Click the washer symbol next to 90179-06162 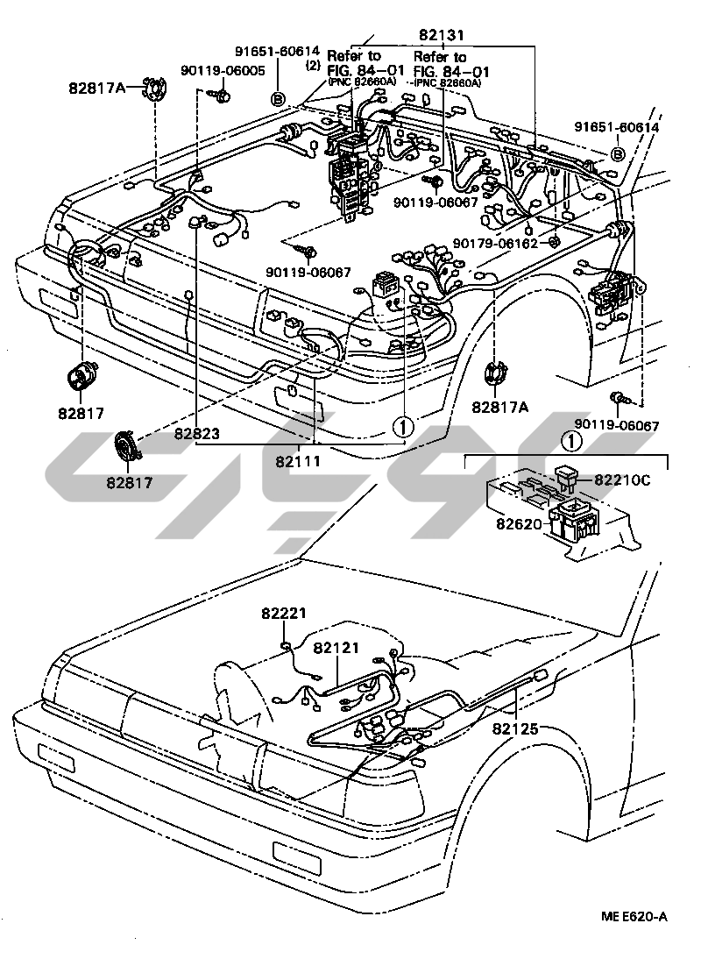(x=553, y=242)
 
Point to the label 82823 (x=196, y=432)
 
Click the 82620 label (x=520, y=523)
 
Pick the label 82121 (x=336, y=647)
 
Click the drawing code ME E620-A (x=634, y=917)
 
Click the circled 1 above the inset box (x=570, y=441)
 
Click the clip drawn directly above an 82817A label (x=496, y=373)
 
